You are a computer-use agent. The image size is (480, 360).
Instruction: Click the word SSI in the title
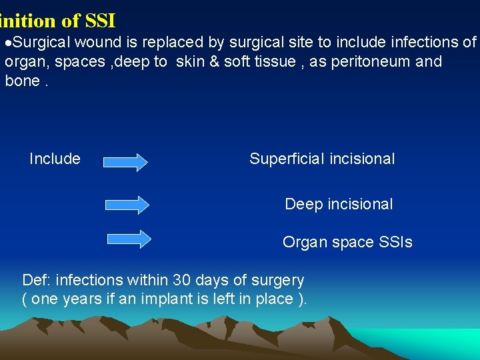[x=100, y=21]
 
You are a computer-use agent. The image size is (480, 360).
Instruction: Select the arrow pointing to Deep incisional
[x=128, y=205]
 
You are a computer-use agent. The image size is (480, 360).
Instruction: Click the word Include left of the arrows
[x=55, y=159]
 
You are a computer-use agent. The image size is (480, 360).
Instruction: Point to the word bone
[x=19, y=81]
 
